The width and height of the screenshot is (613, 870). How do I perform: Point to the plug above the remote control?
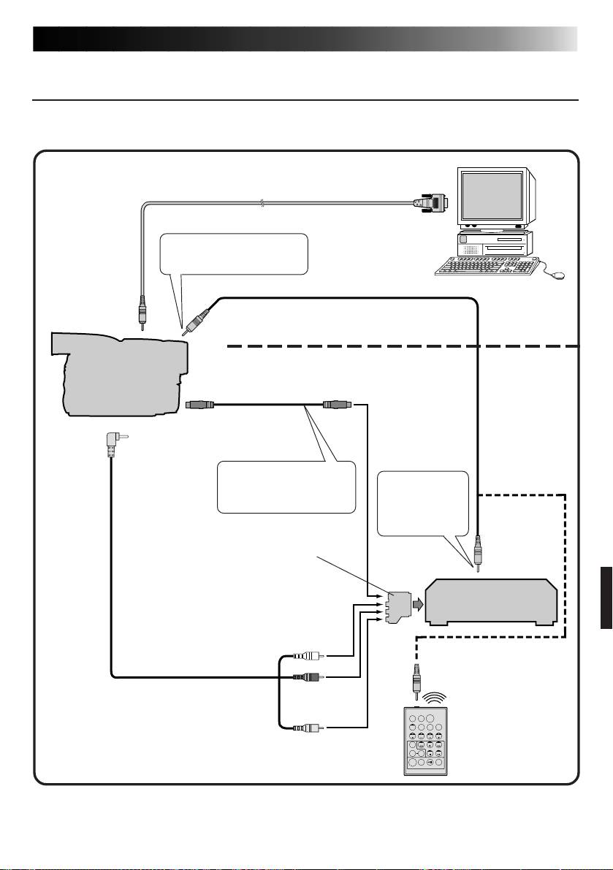pyautogui.click(x=418, y=678)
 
